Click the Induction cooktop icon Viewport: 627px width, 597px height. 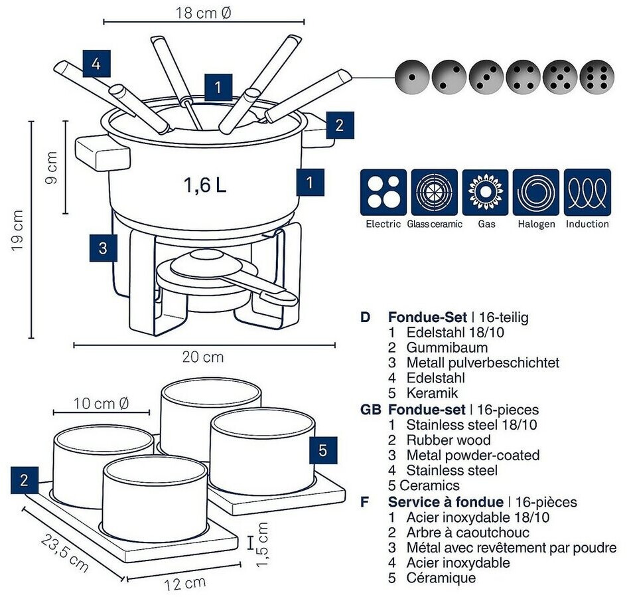pyautogui.click(x=587, y=193)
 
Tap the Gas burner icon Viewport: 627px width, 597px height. pyautogui.click(x=486, y=193)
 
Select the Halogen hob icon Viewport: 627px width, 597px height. pyautogui.click(x=536, y=193)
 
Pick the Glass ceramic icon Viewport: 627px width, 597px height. pyautogui.click(x=435, y=193)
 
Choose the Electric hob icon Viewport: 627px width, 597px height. pyautogui.click(x=383, y=193)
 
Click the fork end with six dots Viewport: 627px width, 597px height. pyautogui.click(x=597, y=77)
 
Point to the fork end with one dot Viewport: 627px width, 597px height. pyautogui.click(x=412, y=77)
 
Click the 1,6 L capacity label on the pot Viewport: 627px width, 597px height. pyautogui.click(x=205, y=185)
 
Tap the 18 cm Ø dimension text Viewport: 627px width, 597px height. pyautogui.click(x=204, y=13)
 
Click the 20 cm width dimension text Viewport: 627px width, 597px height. pyautogui.click(x=203, y=357)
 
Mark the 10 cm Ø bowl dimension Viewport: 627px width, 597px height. pyautogui.click(x=101, y=403)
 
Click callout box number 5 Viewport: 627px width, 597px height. pyautogui.click(x=323, y=450)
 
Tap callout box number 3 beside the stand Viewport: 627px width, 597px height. pyautogui.click(x=103, y=248)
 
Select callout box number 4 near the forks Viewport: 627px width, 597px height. pyautogui.click(x=96, y=64)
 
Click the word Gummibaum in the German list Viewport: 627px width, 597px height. pyautogui.click(x=447, y=347)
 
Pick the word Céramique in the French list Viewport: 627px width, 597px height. pyautogui.click(x=441, y=578)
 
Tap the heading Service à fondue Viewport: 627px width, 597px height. pyautogui.click(x=445, y=502)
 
